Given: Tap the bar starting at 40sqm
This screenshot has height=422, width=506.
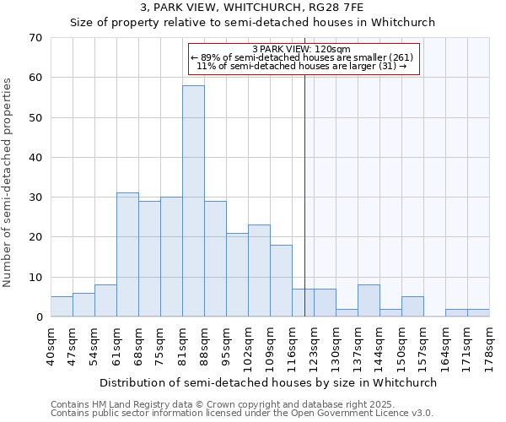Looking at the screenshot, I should (x=62, y=307).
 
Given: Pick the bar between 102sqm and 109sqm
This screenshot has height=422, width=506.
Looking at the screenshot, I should (x=259, y=271).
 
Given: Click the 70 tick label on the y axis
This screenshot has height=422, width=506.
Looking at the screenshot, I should (x=35, y=38).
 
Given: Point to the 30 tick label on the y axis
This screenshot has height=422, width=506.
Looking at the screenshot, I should (x=35, y=197).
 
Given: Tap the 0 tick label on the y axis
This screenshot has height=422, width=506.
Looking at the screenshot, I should (x=38, y=317).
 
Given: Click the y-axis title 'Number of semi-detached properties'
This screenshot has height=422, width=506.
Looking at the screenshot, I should (x=8, y=182).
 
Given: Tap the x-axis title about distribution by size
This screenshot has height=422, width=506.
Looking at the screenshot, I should (x=267, y=382).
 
